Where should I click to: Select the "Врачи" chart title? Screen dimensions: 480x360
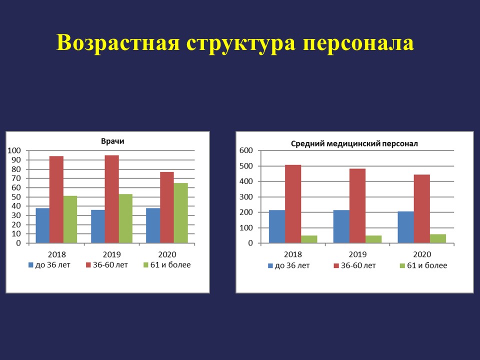[x=112, y=141]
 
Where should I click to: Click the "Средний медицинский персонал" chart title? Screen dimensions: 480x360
[x=354, y=143]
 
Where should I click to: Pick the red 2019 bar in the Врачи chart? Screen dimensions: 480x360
[x=111, y=199]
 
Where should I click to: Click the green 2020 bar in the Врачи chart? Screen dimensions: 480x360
[x=180, y=213]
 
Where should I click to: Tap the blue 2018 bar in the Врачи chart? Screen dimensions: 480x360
[x=42, y=225]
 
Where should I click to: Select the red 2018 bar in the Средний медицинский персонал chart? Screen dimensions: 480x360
[x=293, y=204]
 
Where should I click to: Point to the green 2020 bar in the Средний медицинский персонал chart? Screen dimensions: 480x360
[x=438, y=239]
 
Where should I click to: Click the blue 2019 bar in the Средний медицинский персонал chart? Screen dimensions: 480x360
[x=341, y=227]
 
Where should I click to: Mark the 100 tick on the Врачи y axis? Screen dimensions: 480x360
[x=14, y=150]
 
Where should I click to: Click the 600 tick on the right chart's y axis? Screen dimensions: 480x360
[x=246, y=150]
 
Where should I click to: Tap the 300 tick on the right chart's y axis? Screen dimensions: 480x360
[x=246, y=197]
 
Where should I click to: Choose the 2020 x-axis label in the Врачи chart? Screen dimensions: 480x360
[x=167, y=254]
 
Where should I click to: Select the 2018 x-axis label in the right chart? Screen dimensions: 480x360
[x=293, y=254]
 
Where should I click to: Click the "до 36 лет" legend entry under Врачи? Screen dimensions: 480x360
[x=49, y=265]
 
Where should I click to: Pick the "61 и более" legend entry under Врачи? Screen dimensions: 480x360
[x=167, y=265]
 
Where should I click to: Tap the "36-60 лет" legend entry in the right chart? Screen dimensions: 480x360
[x=355, y=265]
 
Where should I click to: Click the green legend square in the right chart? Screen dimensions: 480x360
[x=402, y=265]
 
